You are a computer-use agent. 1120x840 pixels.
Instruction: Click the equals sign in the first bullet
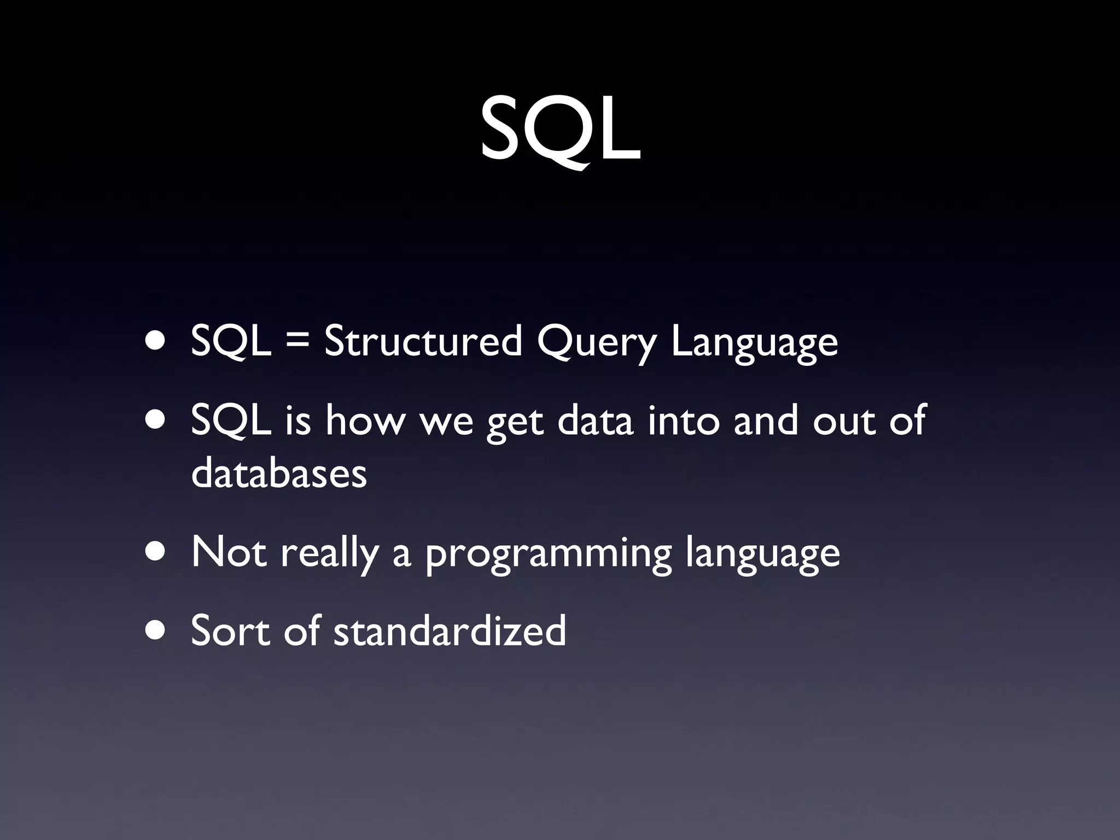[297, 342]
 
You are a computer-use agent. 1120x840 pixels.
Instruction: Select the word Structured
[423, 342]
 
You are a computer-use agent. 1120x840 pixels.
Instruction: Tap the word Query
[596, 343]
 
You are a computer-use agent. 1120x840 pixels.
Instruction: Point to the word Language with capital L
[754, 343]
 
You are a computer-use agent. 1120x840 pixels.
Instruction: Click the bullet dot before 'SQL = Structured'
[157, 342]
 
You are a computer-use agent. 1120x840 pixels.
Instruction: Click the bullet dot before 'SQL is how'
[157, 421]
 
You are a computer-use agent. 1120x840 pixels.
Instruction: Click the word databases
[279, 473]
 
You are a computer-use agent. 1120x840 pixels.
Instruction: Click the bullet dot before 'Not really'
[157, 552]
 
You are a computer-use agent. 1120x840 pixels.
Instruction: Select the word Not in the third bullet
[229, 552]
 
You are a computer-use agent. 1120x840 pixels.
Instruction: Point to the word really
[330, 553]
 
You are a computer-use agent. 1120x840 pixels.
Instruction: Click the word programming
[548, 555]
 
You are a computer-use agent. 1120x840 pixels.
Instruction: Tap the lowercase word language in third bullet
[762, 555]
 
